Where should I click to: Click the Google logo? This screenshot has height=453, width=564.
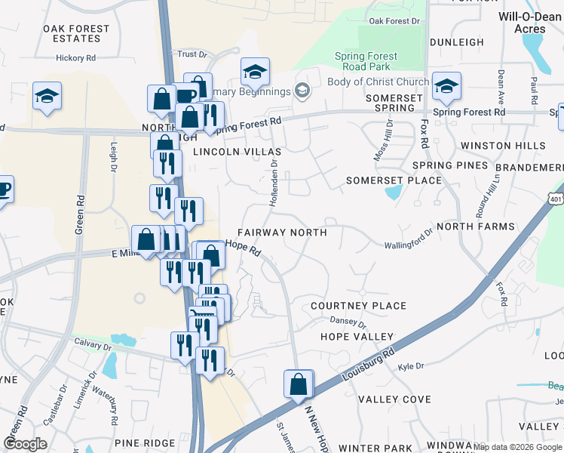pos(25,444)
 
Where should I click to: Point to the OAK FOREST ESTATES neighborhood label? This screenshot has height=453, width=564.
pos(76,34)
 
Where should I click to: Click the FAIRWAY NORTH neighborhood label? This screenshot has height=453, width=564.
pos(282,233)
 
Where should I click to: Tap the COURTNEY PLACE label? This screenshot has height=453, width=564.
pos(359,306)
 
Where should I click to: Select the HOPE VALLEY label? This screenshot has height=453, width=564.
pos(357,336)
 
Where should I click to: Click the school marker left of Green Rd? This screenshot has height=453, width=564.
pos(47,97)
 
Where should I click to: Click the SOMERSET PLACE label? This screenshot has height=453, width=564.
pos(394,180)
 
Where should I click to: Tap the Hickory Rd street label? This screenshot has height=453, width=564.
pos(75,57)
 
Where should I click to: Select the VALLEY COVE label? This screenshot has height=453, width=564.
pos(394,399)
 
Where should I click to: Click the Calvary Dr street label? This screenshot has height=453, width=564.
pos(93,341)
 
